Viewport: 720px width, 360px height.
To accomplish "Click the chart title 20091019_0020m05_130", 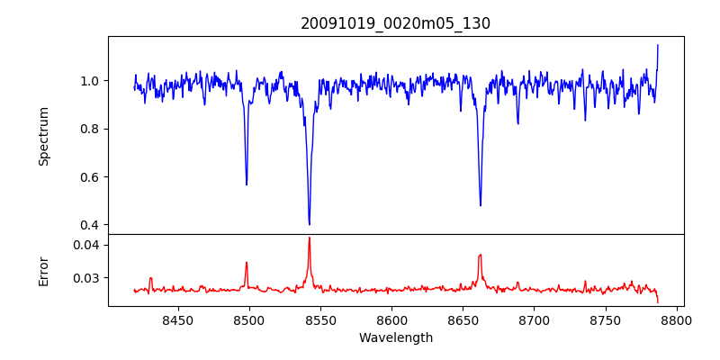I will tap(395, 23).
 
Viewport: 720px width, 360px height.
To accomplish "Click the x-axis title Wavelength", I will tap(395, 337).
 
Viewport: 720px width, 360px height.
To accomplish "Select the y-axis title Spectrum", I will tap(43, 136).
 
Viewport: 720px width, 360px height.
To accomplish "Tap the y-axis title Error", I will tap(43, 270).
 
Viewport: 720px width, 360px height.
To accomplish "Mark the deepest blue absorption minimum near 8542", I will tap(309, 224).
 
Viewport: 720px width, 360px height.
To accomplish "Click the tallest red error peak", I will tap(309, 238).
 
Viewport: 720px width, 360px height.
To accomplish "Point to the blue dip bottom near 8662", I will tap(480, 205).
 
